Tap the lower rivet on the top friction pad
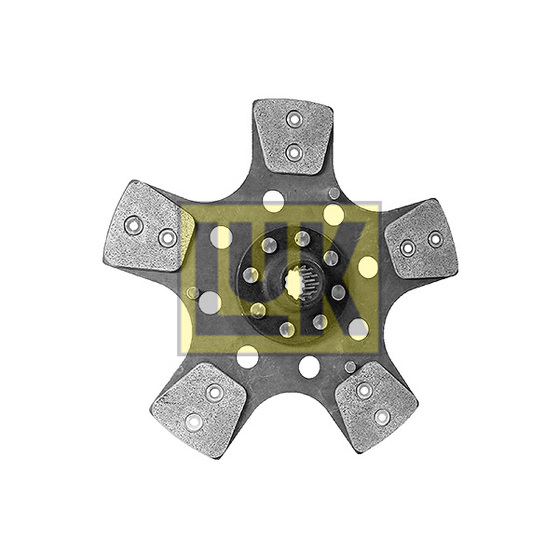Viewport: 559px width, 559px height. tap(293, 153)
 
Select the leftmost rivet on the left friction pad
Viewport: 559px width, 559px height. tap(133, 225)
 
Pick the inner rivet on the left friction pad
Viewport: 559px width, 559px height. tap(168, 238)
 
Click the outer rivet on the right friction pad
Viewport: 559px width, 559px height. tap(435, 239)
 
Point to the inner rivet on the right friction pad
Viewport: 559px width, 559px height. tap(407, 247)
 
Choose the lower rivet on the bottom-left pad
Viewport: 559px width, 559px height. tap(194, 423)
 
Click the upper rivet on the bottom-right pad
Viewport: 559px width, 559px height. tap(363, 391)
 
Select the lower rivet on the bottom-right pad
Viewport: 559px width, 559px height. tap(382, 416)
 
